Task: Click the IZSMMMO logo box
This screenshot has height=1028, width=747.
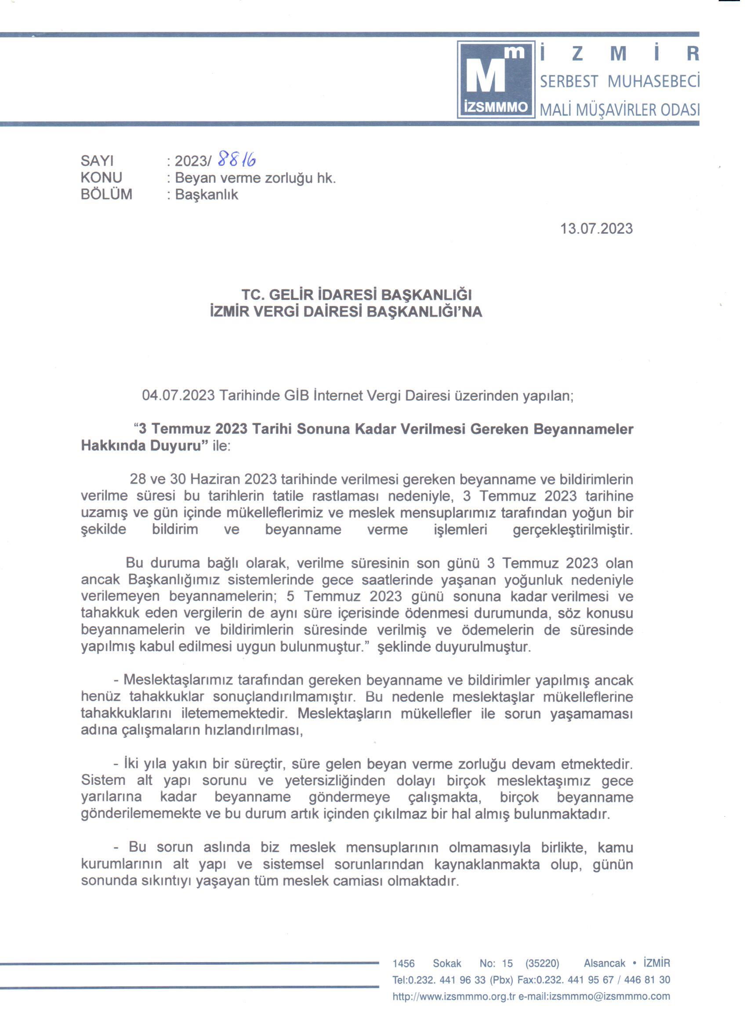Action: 496,80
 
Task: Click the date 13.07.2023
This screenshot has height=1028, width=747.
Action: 596,228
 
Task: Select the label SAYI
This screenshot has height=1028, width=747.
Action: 98,161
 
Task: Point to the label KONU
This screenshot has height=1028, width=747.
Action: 102,178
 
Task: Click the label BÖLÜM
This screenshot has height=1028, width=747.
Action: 106,194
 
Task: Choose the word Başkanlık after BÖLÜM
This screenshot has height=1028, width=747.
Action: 207,195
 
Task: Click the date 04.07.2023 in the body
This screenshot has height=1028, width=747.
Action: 178,396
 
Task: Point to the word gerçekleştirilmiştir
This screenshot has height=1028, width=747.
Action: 573,529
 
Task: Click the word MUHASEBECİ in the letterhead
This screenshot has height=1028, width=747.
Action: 653,82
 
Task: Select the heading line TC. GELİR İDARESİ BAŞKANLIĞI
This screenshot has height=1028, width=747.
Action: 356,295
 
